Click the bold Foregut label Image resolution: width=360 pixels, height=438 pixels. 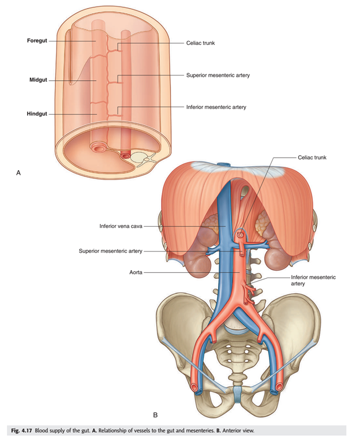[x=37, y=40]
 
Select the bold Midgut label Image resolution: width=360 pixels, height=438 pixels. [x=38, y=80]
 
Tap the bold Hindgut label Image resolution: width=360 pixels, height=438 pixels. [x=37, y=114]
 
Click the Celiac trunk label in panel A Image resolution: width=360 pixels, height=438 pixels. [x=201, y=43]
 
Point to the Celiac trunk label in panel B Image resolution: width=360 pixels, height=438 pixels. [x=312, y=158]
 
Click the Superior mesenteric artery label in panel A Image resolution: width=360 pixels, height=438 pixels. [x=218, y=75]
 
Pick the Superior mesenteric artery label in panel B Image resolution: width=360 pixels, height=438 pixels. [x=110, y=251]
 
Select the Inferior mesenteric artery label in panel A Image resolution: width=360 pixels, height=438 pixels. [x=216, y=107]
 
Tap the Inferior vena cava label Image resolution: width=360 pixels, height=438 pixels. [x=121, y=226]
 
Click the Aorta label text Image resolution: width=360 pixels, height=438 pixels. [x=136, y=272]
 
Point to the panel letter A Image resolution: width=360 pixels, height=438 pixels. [x=18, y=173]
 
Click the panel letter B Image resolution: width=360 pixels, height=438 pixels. [x=155, y=415]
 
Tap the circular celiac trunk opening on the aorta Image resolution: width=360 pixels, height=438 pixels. [x=240, y=235]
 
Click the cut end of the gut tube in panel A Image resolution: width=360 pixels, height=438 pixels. [x=98, y=147]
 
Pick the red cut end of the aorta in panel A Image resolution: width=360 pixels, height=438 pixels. [x=125, y=155]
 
